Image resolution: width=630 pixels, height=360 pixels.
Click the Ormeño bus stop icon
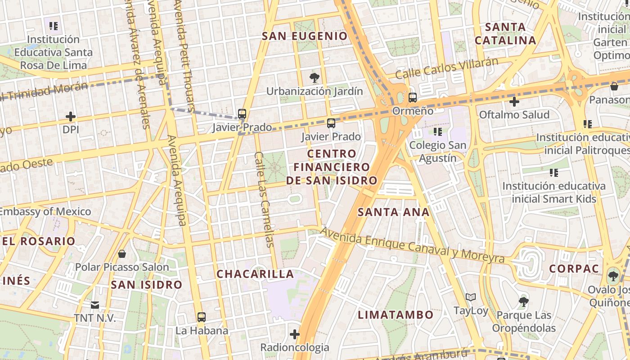point(412,97)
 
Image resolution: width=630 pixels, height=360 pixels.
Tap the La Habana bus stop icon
point(202,317)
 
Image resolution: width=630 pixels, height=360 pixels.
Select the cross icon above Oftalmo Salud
point(514,102)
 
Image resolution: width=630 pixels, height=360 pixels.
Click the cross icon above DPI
point(71,117)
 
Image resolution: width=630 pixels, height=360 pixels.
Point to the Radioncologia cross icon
point(295,334)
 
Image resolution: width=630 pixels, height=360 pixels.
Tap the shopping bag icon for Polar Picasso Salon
point(121,254)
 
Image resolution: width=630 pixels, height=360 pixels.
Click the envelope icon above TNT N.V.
point(95,305)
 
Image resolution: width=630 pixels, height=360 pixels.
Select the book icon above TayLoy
point(471,297)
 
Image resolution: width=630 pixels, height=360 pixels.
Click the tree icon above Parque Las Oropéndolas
point(523,301)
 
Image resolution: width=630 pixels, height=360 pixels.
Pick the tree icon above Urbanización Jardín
point(315,78)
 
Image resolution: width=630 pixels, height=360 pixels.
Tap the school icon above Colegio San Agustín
point(437,132)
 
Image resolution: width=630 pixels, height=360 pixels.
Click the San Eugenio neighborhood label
point(305,36)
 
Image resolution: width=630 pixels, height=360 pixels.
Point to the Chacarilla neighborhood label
point(255,274)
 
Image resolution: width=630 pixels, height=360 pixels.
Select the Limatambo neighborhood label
point(396,315)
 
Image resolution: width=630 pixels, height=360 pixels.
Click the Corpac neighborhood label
point(574,269)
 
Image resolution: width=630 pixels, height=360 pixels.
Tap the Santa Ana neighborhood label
point(393,212)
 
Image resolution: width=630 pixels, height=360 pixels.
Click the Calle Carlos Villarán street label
point(447,68)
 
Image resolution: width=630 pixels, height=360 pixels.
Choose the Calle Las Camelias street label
point(264,199)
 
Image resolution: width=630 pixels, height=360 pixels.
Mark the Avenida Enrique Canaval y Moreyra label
point(413,246)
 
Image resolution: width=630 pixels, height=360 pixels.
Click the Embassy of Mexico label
point(45,211)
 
